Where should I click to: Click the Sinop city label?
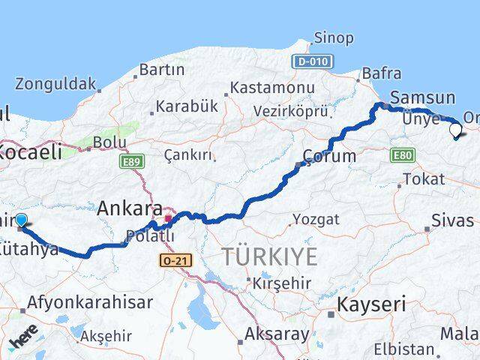[x=334, y=37]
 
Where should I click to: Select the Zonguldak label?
[x=56, y=82]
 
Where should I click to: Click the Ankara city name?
[x=130, y=208]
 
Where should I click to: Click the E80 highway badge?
[x=403, y=154]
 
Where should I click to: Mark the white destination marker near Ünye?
[x=455, y=130]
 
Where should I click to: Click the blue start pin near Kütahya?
[x=21, y=220]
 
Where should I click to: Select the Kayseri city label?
[x=371, y=304]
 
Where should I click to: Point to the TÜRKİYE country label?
[x=269, y=256]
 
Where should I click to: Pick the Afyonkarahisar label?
[x=90, y=303]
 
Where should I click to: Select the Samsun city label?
[x=423, y=97]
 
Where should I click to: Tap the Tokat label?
[x=424, y=179]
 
